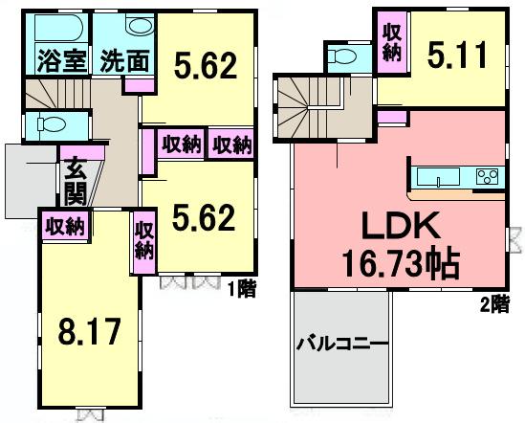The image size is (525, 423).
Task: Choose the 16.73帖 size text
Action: [x=400, y=262]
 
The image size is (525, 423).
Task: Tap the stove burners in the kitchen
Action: [x=487, y=177]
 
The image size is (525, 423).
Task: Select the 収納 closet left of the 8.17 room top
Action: [x=64, y=227]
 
